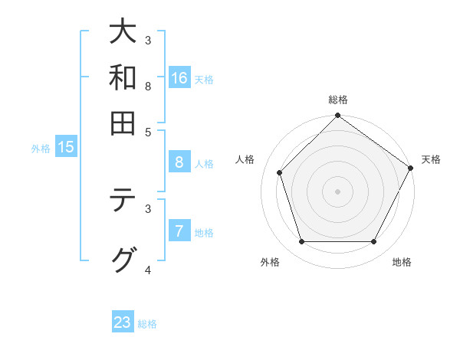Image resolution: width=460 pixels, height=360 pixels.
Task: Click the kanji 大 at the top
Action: [123, 33]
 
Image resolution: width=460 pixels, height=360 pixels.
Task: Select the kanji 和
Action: [123, 77]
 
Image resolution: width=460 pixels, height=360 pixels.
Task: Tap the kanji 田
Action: [123, 123]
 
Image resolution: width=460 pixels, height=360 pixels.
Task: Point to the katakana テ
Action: [123, 202]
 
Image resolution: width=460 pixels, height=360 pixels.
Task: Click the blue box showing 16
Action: [179, 78]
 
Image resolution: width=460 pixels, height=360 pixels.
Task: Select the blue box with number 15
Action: [66, 148]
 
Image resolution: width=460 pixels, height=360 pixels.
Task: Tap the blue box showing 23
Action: [123, 322]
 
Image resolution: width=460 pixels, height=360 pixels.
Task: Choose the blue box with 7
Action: [179, 231]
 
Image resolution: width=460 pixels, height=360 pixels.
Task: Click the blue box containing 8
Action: [179, 162]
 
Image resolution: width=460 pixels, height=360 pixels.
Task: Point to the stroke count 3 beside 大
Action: [148, 40]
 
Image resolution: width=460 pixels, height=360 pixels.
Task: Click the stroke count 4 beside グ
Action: [148, 270]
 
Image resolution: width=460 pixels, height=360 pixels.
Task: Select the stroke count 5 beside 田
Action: [148, 131]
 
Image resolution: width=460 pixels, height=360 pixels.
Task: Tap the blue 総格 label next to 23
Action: [148, 324]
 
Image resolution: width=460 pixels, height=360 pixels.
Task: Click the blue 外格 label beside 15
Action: [41, 149]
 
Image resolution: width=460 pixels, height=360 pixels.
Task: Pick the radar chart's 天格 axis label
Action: [431, 159]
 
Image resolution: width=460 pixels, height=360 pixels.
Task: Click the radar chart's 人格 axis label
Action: [245, 159]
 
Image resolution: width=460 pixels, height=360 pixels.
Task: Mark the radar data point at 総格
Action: [337, 116]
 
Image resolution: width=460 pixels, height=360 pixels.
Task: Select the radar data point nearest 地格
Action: [374, 242]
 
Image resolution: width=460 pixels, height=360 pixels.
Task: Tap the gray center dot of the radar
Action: [337, 191]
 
